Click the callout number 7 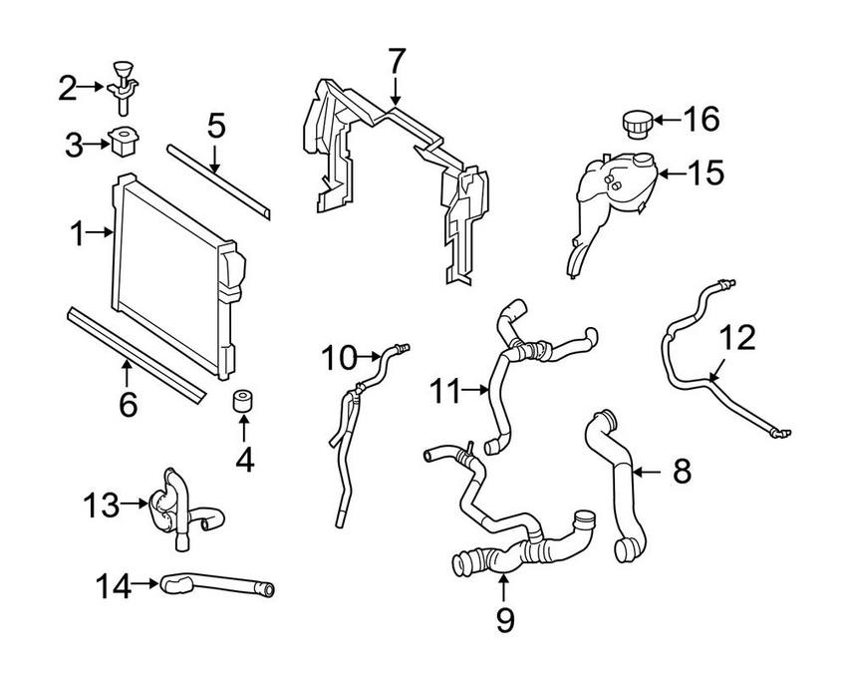point(397,61)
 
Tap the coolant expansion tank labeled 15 point(612,189)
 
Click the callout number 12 point(738,338)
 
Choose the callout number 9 point(504,620)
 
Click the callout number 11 point(448,391)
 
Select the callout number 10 point(338,355)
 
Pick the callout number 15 point(705,172)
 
